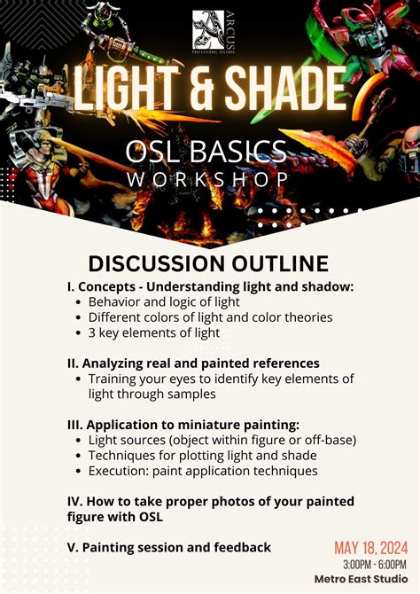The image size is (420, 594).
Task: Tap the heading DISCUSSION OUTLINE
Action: point(209,263)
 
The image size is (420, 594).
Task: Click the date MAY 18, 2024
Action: point(369,547)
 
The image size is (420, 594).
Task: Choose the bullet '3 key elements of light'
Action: point(154,332)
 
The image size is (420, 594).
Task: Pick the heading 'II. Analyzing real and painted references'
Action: point(193,363)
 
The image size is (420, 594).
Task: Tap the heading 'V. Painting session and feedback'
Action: point(169,547)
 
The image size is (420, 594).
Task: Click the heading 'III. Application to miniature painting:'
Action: point(183,424)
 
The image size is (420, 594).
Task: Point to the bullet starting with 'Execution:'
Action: point(203,471)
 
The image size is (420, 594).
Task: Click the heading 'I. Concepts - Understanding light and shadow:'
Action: point(210,286)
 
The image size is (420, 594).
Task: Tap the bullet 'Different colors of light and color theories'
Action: point(210,317)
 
